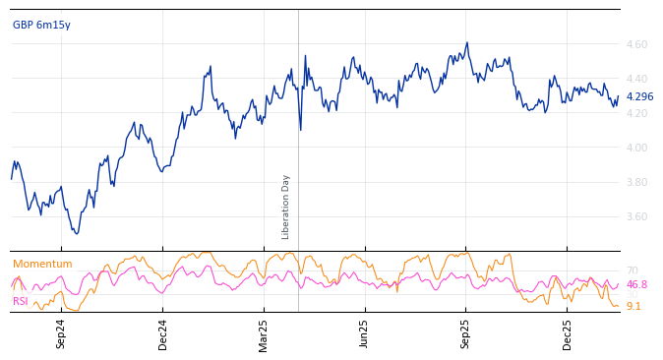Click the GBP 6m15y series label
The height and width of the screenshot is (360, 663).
(41, 26)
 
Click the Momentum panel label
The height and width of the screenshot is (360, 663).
(42, 265)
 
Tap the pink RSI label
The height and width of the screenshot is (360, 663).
(21, 302)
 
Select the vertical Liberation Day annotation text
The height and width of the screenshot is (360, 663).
(286, 207)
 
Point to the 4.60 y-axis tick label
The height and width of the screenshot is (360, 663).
(636, 45)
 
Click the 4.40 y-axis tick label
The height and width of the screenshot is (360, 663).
(636, 80)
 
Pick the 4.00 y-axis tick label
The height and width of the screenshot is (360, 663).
(636, 149)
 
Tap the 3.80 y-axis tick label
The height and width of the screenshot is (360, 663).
(636, 183)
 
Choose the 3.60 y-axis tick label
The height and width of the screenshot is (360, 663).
(636, 217)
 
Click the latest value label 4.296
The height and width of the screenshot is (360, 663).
(639, 97)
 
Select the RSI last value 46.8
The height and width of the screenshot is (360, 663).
(636, 285)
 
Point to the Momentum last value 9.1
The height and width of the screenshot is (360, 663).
(633, 307)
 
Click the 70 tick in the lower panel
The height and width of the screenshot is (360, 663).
(633, 271)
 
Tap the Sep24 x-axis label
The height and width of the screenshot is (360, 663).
(61, 333)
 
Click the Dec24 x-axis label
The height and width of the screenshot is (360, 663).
(163, 333)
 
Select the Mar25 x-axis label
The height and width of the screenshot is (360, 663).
(264, 333)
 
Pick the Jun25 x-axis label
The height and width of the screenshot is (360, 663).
(365, 333)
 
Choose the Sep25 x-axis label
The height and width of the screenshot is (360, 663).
(466, 333)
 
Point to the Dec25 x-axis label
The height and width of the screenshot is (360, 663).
(568, 333)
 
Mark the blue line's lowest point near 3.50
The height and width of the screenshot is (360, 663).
(77, 233)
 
